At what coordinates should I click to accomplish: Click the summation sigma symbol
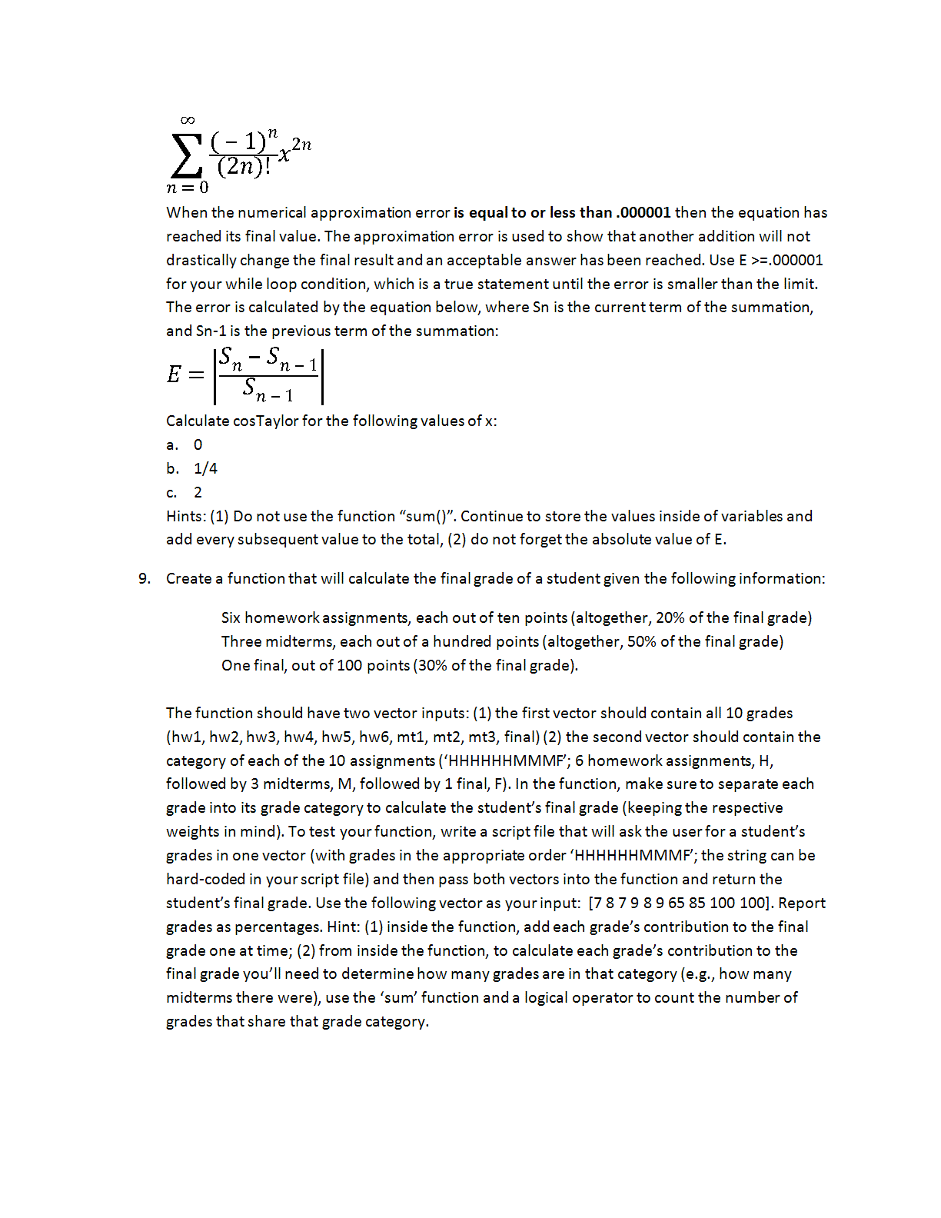(x=185, y=156)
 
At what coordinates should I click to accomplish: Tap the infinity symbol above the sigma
(x=188, y=120)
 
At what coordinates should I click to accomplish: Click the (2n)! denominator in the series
(x=244, y=166)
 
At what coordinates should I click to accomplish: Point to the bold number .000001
(x=643, y=212)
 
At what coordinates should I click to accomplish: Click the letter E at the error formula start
(x=175, y=375)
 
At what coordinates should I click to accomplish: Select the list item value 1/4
(x=205, y=468)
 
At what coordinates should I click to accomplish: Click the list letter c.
(x=171, y=492)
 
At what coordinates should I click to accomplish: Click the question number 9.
(x=145, y=578)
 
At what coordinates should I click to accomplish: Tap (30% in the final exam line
(x=431, y=665)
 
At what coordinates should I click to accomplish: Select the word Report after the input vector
(x=803, y=903)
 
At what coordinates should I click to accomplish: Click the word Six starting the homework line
(x=231, y=617)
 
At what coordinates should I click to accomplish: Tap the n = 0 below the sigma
(x=188, y=188)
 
